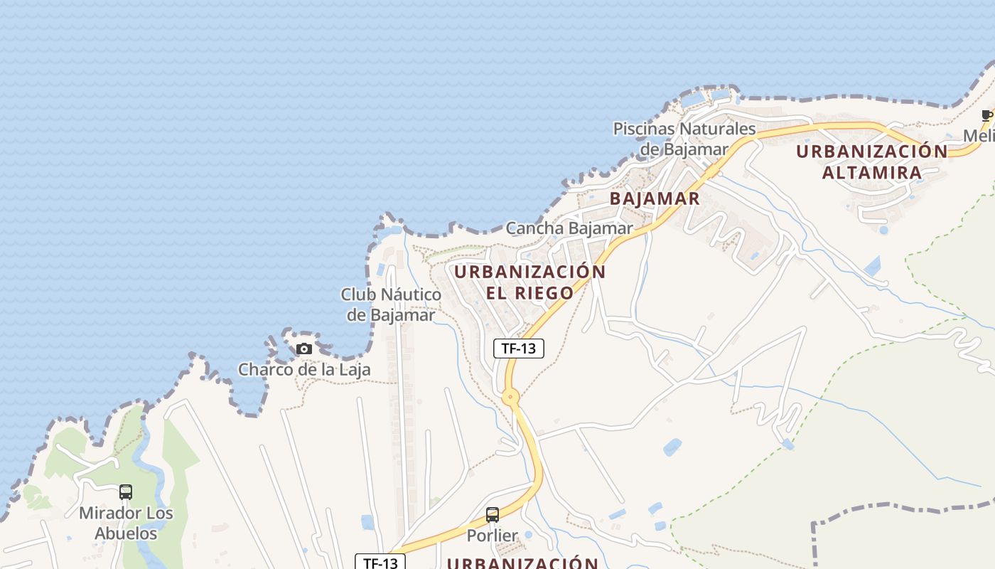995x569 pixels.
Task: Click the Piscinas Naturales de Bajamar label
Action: coord(684,139)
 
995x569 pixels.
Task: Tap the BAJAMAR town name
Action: coord(655,198)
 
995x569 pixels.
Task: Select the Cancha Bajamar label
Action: coord(569,228)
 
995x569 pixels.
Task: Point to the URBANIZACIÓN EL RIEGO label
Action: coord(529,282)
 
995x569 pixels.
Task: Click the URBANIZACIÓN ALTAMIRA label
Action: coord(872,161)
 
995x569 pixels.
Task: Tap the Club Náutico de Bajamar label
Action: coord(390,304)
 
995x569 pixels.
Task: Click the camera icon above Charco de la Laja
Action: coord(304,349)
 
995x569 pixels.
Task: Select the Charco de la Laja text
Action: coord(303,370)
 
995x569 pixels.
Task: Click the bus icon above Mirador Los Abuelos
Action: coord(126,491)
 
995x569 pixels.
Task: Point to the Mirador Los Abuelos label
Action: coord(126,523)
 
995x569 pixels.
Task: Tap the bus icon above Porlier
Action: coord(492,515)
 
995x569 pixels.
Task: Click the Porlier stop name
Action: coord(492,535)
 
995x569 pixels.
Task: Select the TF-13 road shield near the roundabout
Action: coord(518,349)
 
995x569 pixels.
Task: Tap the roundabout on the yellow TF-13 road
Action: coord(510,397)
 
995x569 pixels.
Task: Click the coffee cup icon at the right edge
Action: coord(986,115)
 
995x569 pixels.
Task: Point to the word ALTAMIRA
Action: coord(872,172)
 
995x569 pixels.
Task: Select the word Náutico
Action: coord(411,294)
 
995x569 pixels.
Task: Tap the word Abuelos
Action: coord(126,533)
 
